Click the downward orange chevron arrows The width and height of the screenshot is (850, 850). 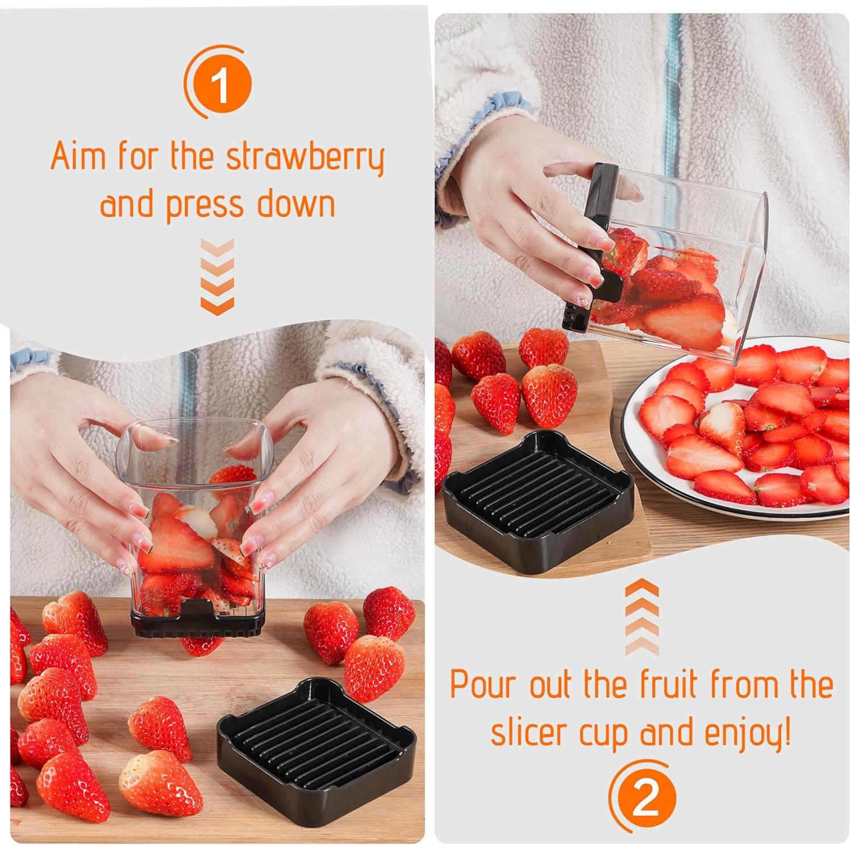217,276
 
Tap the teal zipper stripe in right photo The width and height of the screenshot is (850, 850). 674,85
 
